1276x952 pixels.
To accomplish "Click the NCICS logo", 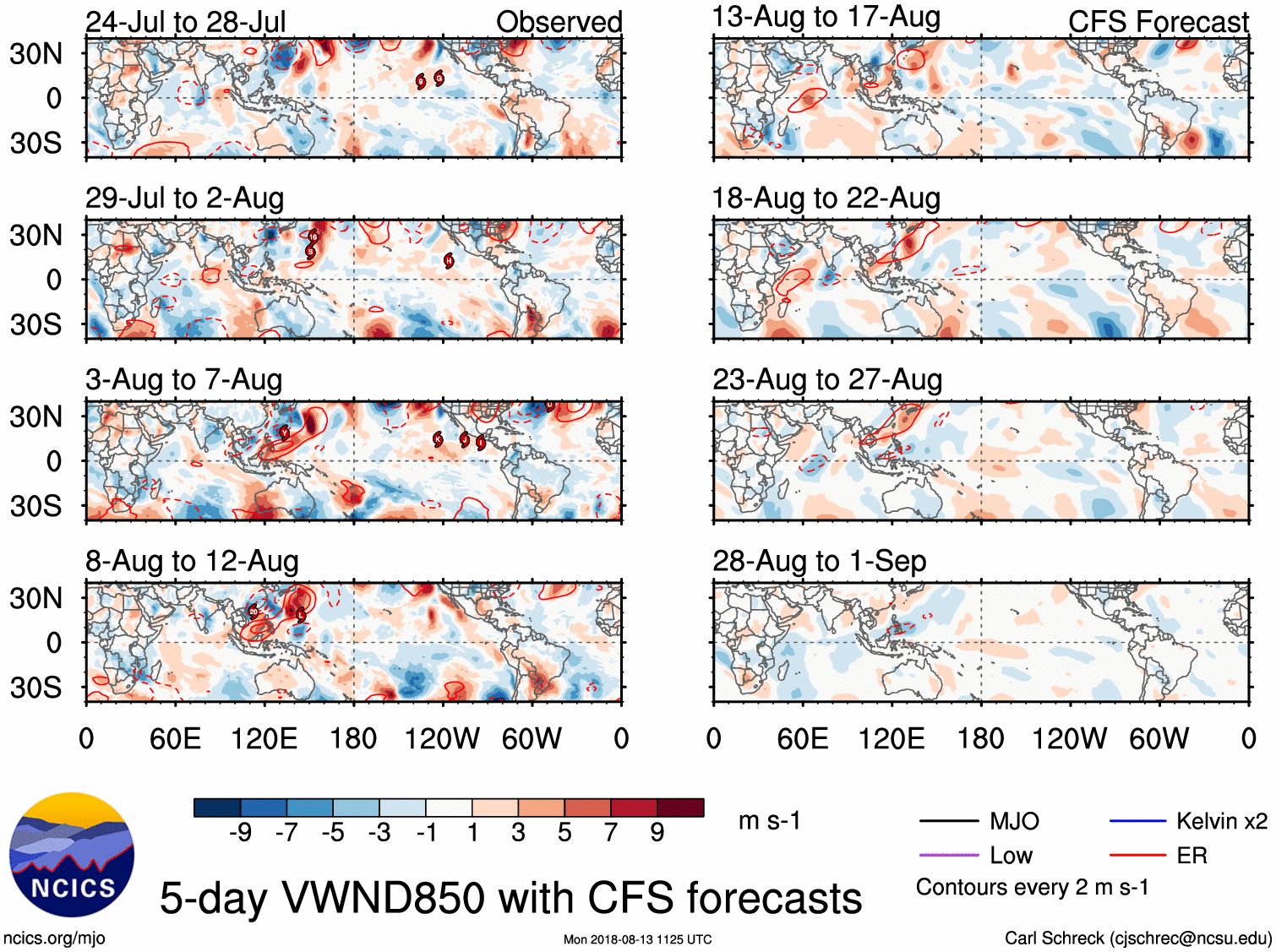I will [x=71, y=854].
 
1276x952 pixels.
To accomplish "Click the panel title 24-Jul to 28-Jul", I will [x=186, y=21].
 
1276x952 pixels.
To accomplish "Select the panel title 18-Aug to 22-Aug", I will [x=826, y=199].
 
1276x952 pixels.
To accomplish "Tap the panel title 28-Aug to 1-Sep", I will [x=819, y=561].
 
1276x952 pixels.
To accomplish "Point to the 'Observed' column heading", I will [x=559, y=22].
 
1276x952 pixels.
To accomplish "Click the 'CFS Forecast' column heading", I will [x=1158, y=22].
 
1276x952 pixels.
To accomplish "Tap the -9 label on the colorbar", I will [x=241, y=833].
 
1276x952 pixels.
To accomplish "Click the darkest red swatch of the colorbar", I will [x=680, y=808].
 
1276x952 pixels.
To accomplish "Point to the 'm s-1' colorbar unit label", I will [x=769, y=820].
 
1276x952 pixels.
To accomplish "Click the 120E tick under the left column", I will [x=264, y=739].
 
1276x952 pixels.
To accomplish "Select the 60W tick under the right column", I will [x=1159, y=739].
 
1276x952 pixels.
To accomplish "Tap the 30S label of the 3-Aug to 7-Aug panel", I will [x=35, y=506].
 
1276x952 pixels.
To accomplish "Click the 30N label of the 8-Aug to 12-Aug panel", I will [x=35, y=598].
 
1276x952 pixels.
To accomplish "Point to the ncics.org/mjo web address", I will [x=54, y=938].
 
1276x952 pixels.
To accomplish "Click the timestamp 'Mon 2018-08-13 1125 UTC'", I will [x=637, y=939].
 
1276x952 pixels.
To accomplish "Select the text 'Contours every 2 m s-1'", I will [x=1032, y=888].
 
